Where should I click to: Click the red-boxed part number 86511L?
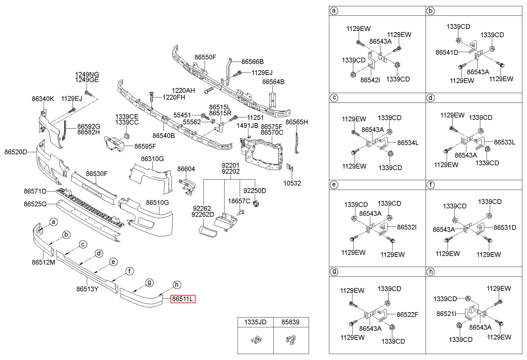point(183,299)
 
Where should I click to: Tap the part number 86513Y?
point(87,289)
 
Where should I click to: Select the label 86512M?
point(43,262)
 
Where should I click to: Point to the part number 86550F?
point(205,57)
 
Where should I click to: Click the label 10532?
point(292,183)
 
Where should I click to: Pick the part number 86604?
point(186,169)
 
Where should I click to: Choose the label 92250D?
point(255,191)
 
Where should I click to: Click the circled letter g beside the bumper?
point(149,282)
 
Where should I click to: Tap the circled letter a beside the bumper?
point(54,222)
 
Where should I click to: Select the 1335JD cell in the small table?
point(255,322)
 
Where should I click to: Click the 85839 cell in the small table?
point(291,322)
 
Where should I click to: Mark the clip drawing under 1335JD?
point(255,340)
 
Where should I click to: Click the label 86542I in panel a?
point(370,80)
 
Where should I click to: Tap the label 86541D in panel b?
point(447,52)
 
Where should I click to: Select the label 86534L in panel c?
point(408,143)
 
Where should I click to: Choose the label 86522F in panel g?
point(407,315)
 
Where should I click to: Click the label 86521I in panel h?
point(446,314)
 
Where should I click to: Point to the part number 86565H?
point(297,122)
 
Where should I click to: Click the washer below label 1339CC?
point(127,136)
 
